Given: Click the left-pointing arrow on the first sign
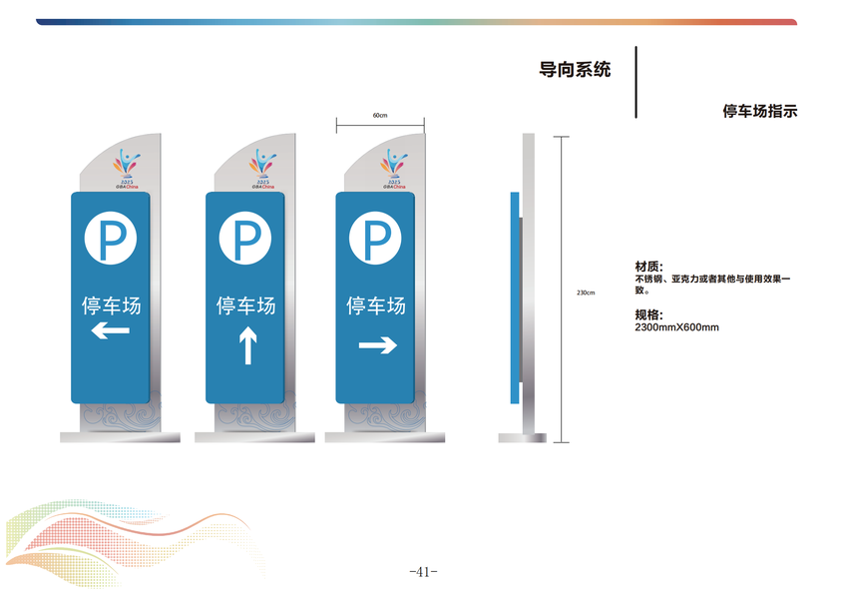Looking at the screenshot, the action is tap(111, 330).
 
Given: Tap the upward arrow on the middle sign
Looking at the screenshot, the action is tap(246, 346).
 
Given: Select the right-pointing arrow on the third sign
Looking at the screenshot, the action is tap(376, 345).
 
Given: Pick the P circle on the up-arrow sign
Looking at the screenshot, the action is tap(246, 240).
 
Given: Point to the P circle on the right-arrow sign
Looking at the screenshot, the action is tap(376, 240).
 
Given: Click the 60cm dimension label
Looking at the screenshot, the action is tap(380, 116).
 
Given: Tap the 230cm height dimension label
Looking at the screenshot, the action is tap(586, 293).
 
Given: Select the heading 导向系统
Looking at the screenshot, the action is tap(575, 70).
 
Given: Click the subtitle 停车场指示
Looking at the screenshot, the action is tap(759, 112).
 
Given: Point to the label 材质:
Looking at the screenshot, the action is tap(648, 267).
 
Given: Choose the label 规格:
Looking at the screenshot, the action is tap(648, 314).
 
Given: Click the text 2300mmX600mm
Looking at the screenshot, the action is tap(676, 326).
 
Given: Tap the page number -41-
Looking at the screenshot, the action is tap(424, 572).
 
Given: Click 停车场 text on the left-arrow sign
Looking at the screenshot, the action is tap(111, 303).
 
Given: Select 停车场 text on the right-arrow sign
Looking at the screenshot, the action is tap(376, 304).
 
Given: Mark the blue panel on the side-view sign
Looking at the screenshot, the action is tap(515, 297).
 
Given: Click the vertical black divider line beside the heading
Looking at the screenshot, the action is tap(635, 82).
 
